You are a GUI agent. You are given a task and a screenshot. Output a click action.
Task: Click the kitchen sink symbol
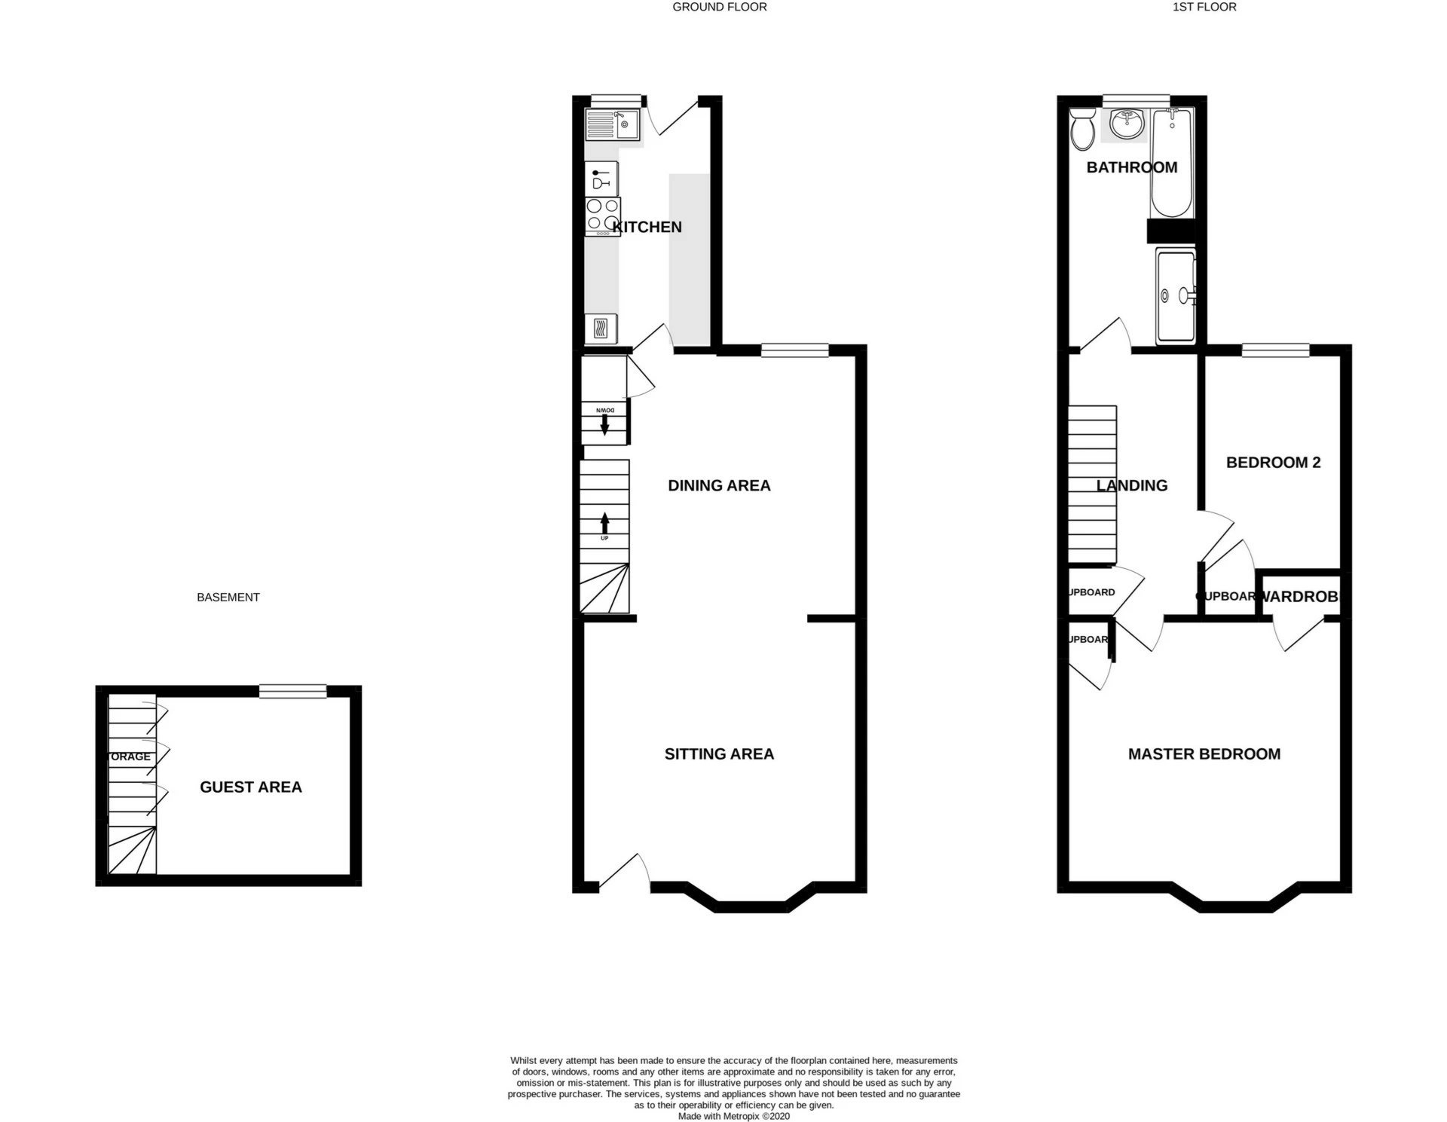pos(612,124)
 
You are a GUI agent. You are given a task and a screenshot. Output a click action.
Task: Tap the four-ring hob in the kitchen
pos(602,215)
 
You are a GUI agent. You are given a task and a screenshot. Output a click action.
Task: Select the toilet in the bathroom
pos(1084,130)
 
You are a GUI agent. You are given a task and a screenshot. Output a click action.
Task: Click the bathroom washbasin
pos(1127,124)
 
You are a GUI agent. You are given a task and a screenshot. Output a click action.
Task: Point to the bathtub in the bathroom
pos(1170,162)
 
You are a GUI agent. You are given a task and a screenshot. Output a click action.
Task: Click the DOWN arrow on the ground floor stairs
pos(604,423)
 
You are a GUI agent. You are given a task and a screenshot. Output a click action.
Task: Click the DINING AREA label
pos(719,486)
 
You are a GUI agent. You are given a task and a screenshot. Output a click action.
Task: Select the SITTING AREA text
pos(719,754)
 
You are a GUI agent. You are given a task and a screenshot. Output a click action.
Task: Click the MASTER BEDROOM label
pos(1204,754)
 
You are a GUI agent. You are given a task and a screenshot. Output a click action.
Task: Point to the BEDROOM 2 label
pos(1273,463)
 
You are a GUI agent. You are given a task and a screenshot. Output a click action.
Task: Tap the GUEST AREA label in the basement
pos(250,787)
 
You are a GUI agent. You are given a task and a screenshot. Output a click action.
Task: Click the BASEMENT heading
pos(228,598)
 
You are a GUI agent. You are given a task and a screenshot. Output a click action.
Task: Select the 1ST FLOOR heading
pos(1204,7)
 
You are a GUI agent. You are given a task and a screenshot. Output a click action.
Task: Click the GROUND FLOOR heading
pos(719,7)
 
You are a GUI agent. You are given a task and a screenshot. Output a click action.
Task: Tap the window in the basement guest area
pos(292,691)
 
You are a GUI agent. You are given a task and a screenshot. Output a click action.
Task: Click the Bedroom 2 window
pos(1275,350)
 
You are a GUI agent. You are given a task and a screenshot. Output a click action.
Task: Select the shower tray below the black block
pos(1175,295)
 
